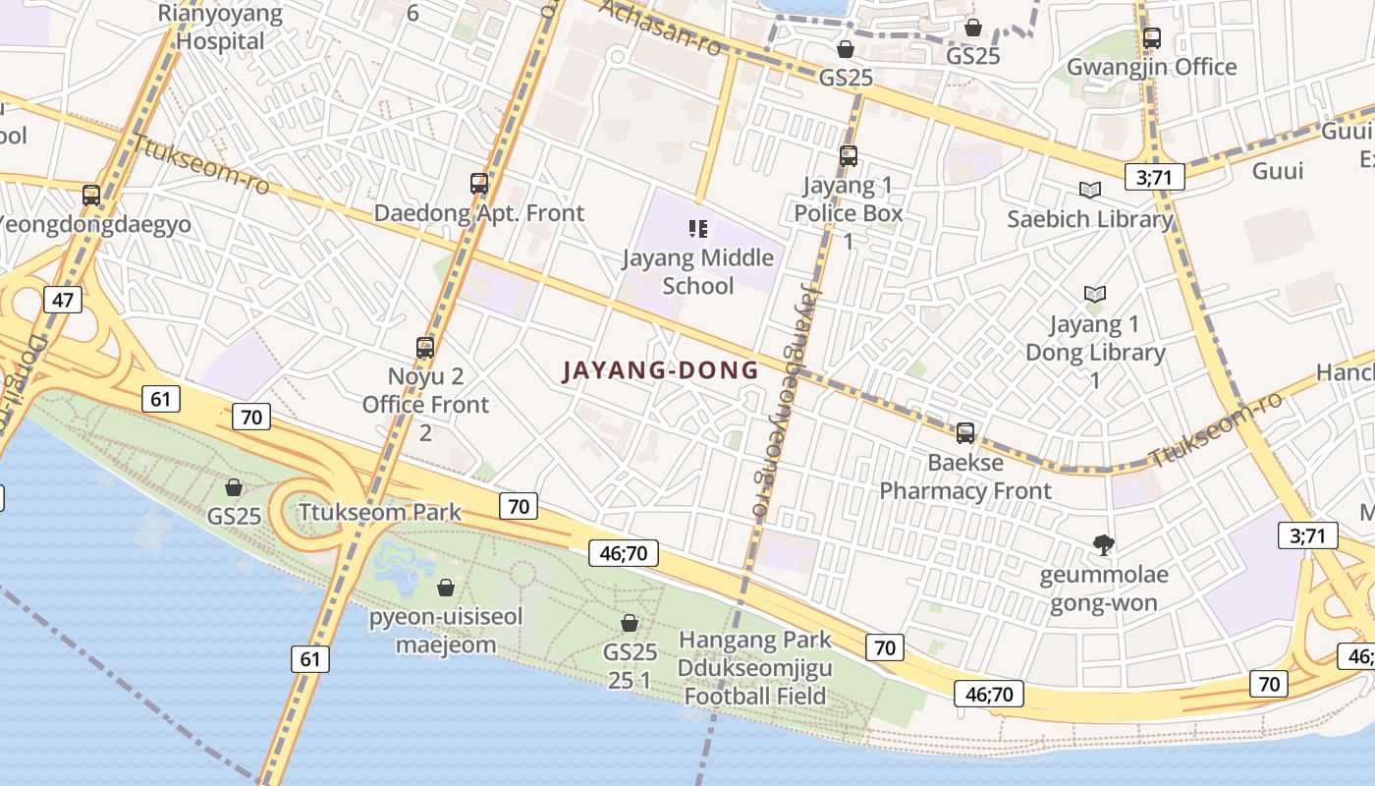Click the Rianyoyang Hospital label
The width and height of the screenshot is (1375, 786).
220,28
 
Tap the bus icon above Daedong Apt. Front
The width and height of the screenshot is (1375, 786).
479,184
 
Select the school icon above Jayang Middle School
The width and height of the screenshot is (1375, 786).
698,230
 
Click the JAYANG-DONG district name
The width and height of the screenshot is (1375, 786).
660,370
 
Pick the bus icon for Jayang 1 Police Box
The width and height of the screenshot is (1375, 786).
849,156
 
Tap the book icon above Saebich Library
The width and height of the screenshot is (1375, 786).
1090,191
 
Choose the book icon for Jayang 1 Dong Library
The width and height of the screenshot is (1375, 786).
1095,294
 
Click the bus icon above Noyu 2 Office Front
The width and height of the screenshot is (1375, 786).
425,348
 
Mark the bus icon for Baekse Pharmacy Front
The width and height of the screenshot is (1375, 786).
965,433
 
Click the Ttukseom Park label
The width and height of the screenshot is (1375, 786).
380,512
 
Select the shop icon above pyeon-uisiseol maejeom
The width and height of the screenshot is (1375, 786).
446,588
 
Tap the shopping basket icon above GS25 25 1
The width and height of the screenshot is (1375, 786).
630,623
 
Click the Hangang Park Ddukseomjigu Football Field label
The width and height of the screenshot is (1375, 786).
755,668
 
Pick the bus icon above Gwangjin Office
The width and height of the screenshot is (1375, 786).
1152,39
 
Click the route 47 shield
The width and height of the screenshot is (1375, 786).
62,300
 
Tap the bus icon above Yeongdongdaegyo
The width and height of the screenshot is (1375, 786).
91,196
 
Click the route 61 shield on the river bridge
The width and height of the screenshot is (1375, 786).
310,658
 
